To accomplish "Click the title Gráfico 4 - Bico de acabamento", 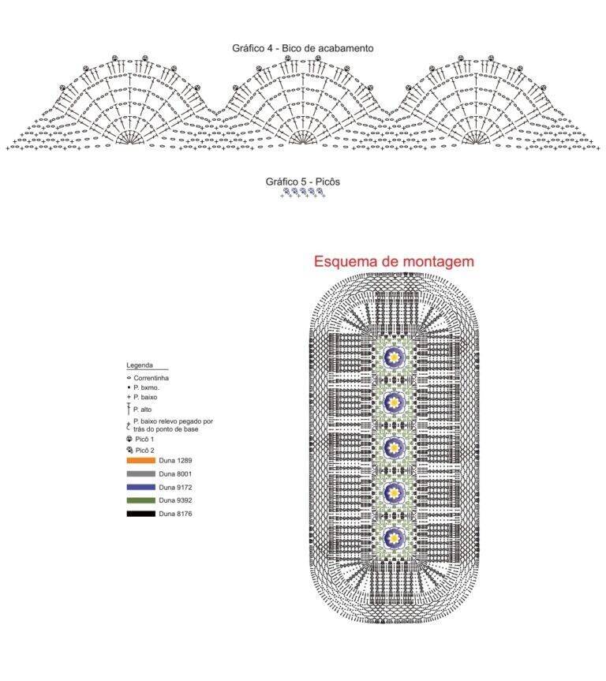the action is click(303, 48).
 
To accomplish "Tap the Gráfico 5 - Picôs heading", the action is click(303, 181).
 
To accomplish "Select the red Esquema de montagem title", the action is click(394, 261).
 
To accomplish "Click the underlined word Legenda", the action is click(140, 365).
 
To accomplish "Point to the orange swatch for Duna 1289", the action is click(140, 460).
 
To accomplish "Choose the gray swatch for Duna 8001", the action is click(140, 473).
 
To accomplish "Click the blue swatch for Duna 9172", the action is click(140, 488).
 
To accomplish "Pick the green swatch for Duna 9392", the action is click(140, 500).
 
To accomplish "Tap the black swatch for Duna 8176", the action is click(140, 514).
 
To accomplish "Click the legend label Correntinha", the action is click(151, 378).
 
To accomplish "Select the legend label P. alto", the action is click(143, 409).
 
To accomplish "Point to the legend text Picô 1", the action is click(144, 439).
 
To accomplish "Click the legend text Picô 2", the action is click(144, 451).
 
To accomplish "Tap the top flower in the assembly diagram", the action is click(394, 357).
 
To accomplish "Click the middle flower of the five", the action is click(394, 447).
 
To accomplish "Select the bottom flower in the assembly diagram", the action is click(394, 537).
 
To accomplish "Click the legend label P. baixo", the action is click(145, 397).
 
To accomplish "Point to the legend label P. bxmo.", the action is click(146, 387).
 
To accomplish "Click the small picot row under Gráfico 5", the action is click(303, 193).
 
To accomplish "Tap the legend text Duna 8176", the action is click(175, 514).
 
